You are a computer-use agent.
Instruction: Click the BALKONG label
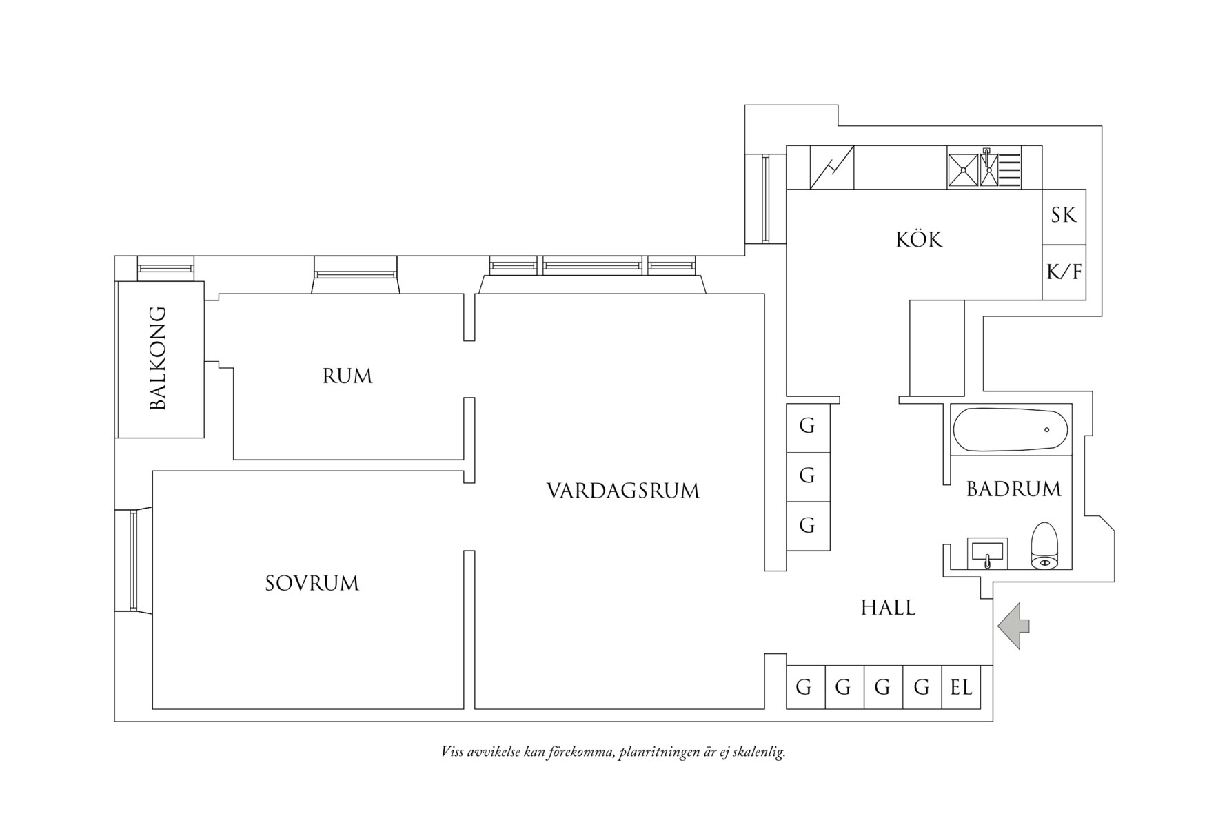pos(159,359)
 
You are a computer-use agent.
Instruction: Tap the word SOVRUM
pos(312,584)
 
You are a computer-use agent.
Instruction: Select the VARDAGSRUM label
pos(623,491)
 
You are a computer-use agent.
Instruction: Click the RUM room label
pos(347,376)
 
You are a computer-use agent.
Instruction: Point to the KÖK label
pos(919,240)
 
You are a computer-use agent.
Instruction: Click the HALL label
pos(888,608)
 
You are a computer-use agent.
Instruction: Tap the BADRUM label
pos(1013,489)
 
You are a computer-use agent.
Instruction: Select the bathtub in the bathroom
pos(1010,430)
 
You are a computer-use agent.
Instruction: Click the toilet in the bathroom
pos(1044,546)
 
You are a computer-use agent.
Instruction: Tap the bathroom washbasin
pos(987,553)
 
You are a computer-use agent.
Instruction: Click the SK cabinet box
pos(1064,216)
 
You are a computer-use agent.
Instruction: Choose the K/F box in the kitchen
pos(1064,272)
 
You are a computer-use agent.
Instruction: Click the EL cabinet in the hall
pos(962,687)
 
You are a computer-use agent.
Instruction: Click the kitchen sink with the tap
pos(990,169)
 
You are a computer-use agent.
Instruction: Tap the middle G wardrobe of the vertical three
pos(808,476)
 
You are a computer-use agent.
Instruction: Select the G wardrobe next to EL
pos(922,687)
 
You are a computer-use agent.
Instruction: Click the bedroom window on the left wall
pos(133,560)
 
